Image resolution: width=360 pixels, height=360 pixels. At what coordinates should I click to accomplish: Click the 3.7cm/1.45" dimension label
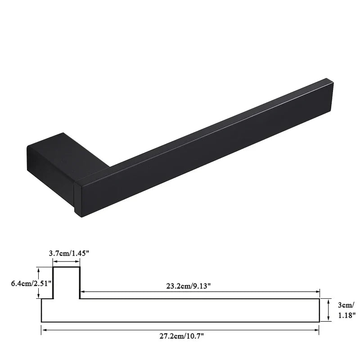[69, 253]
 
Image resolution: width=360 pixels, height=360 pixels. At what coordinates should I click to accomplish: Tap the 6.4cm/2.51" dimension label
[31, 283]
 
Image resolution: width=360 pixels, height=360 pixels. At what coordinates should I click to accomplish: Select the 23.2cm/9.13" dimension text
[188, 286]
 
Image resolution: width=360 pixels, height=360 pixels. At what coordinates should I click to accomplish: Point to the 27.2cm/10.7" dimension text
[182, 336]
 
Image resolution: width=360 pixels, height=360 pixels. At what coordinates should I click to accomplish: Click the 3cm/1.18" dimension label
[346, 310]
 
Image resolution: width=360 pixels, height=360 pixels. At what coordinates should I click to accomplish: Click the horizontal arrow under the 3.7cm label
[66, 261]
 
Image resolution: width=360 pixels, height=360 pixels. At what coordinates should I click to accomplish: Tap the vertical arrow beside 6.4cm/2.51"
[39, 283]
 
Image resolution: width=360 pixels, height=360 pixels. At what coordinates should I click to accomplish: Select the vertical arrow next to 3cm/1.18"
[328, 310]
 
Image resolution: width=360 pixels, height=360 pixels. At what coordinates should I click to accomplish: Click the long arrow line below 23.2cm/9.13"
[200, 292]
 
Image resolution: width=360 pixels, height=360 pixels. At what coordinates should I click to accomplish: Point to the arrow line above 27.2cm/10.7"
[180, 330]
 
